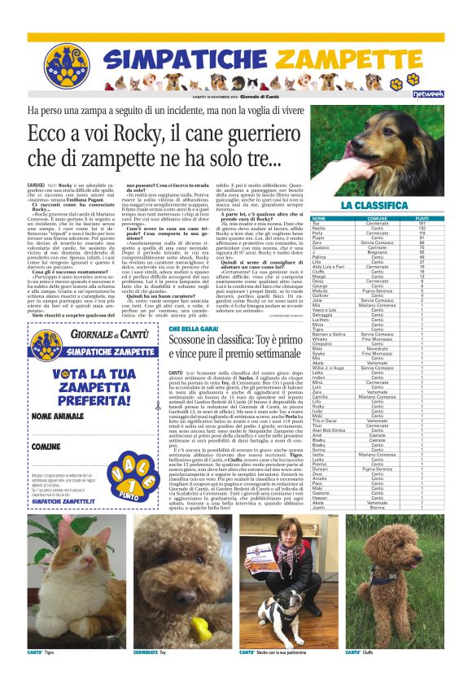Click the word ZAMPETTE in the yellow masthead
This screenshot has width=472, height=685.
point(343,59)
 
